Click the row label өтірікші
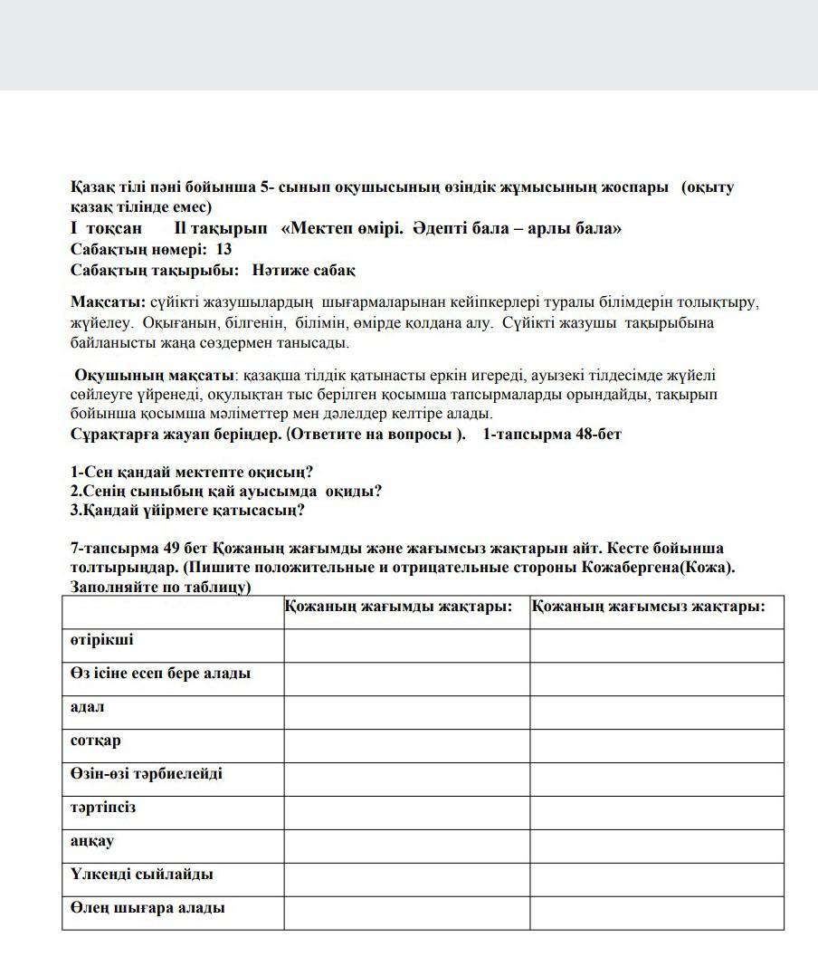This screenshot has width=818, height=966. (101, 640)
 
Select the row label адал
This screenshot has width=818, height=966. (88, 707)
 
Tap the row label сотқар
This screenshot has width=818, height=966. (95, 741)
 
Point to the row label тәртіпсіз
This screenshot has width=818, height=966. (103, 808)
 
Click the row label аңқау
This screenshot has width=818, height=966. (92, 841)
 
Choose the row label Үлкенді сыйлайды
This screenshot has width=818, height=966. (141, 875)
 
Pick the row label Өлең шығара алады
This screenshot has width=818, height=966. (147, 908)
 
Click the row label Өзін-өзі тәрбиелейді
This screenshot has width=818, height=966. (146, 774)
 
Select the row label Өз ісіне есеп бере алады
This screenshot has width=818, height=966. (160, 674)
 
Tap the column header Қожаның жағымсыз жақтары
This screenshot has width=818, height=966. (648, 607)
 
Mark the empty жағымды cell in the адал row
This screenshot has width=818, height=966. (406, 712)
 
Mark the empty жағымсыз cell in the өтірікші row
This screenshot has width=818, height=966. (656, 645)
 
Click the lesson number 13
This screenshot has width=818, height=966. (224, 249)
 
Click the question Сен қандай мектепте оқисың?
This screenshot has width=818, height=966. (192, 472)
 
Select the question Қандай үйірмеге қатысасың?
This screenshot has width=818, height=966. (187, 510)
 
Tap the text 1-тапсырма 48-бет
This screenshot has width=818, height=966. (552, 434)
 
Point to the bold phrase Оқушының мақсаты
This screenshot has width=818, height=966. (154, 375)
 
